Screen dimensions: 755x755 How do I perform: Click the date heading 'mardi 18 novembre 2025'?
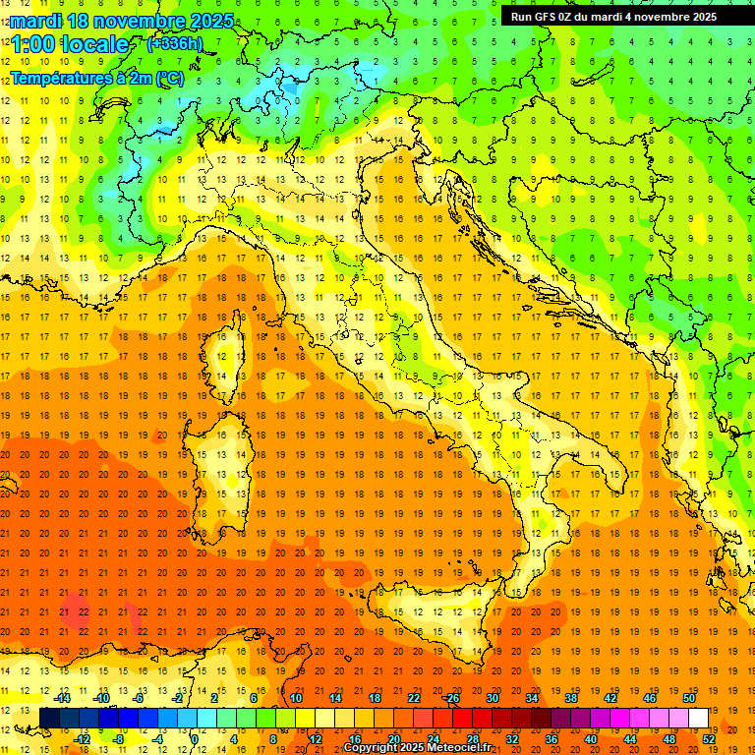coord(122,21)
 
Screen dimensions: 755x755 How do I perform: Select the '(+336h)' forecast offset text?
coord(174,43)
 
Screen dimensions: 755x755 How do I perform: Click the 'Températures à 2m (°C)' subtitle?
coord(96,78)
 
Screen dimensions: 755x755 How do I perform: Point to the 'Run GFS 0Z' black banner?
coord(613,16)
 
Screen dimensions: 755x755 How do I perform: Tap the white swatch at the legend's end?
coord(698,718)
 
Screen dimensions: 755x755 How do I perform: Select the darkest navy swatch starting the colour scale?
coord(49,718)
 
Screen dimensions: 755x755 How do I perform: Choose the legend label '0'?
coord(195,739)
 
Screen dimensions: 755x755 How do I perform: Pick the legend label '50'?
coord(688,697)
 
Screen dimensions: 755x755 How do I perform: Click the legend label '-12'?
coord(82,739)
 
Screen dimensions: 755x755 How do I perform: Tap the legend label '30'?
coord(492,697)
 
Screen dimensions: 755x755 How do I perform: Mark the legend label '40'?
coord(590,739)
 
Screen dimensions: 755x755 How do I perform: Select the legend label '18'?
coord(374,697)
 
